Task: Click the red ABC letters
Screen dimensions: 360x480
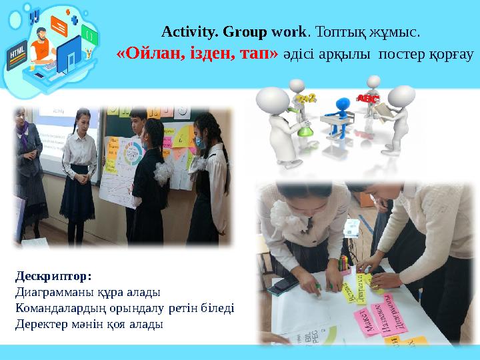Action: point(368,99)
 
